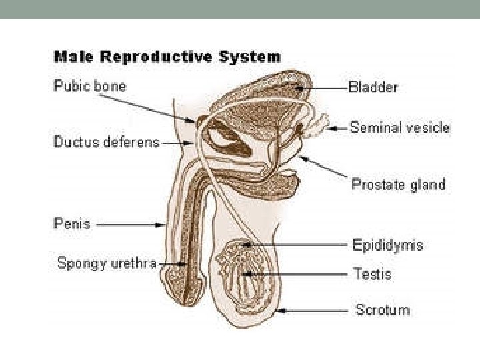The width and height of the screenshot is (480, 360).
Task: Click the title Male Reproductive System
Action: [x=167, y=57]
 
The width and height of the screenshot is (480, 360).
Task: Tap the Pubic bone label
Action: [x=89, y=87]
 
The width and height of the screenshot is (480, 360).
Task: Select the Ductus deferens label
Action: [x=107, y=142]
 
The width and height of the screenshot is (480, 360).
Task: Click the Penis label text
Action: [x=71, y=224]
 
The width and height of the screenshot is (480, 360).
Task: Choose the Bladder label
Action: [x=374, y=87]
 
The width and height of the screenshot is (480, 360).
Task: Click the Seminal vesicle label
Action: [x=400, y=127]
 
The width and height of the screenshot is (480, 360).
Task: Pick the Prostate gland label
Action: [x=398, y=185]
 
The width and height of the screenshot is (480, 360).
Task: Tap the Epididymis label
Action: [x=387, y=245]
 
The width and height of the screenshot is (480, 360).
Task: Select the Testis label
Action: [x=373, y=274]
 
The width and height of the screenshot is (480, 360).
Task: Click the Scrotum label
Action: [x=383, y=310]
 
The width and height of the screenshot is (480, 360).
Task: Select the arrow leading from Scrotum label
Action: [x=314, y=310]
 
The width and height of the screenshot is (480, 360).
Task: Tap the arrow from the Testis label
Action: [x=293, y=273]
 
